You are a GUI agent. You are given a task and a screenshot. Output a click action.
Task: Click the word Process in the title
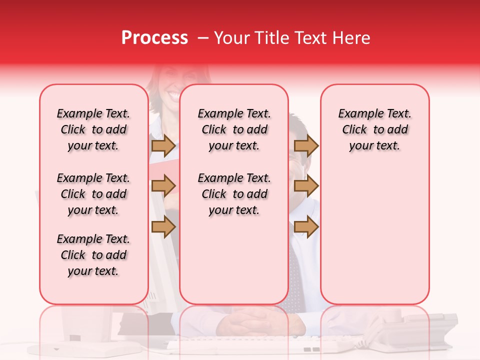pyautogui.click(x=154, y=38)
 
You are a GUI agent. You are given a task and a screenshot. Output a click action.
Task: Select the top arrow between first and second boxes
pyautogui.click(x=163, y=145)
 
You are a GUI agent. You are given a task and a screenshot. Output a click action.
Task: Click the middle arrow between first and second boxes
pyautogui.click(x=163, y=186)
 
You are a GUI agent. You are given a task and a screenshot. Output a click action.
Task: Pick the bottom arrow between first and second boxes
pyautogui.click(x=163, y=226)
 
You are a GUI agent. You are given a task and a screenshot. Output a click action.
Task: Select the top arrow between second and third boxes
pyautogui.click(x=306, y=145)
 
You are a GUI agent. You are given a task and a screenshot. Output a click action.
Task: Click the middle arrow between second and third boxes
pyautogui.click(x=306, y=186)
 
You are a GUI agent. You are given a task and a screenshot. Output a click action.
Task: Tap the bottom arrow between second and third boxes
pyautogui.click(x=306, y=226)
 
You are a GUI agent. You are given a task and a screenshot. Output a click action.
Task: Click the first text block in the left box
pyautogui.click(x=93, y=129)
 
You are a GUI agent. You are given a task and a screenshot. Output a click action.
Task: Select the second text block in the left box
pyautogui.click(x=93, y=194)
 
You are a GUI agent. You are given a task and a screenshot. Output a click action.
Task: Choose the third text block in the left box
pyautogui.click(x=93, y=255)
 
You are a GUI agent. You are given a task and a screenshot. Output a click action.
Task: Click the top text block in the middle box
pyautogui.click(x=234, y=129)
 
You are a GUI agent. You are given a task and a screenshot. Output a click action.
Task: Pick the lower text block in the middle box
pyautogui.click(x=234, y=194)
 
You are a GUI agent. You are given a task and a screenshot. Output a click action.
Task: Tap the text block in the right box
pyautogui.click(x=374, y=129)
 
